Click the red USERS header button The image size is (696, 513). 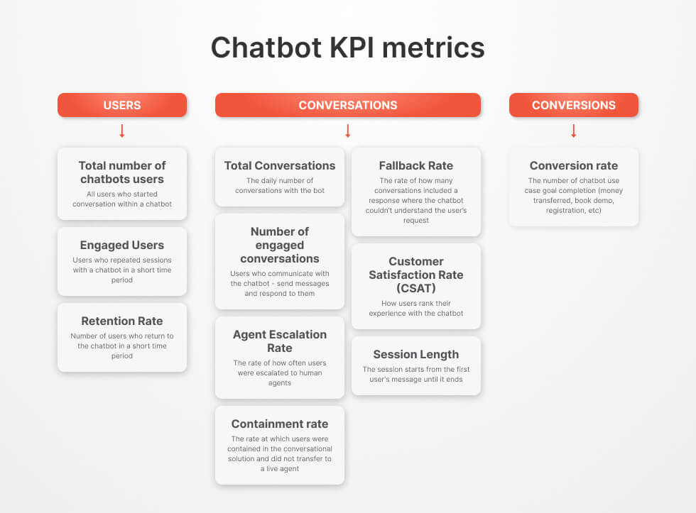[x=122, y=105]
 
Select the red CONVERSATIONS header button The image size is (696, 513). [x=348, y=105]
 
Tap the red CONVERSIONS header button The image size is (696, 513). [x=574, y=105]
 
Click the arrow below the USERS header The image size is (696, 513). [x=122, y=131]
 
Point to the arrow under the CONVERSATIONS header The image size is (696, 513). [x=348, y=131]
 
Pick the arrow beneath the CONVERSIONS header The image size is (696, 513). [x=574, y=131]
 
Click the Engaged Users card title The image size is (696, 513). [x=122, y=246]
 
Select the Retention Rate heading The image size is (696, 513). [x=122, y=321]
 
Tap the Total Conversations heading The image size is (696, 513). [x=280, y=166]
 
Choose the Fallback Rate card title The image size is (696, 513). [x=416, y=166]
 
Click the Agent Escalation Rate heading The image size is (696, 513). [x=280, y=341]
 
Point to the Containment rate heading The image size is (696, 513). [x=280, y=424]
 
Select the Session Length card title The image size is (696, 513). [x=416, y=355]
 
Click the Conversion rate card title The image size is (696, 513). [x=574, y=166]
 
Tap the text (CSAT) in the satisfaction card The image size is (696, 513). [x=416, y=288]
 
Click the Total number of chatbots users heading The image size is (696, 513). [x=122, y=172]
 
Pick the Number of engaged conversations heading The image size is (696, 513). [x=280, y=245]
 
